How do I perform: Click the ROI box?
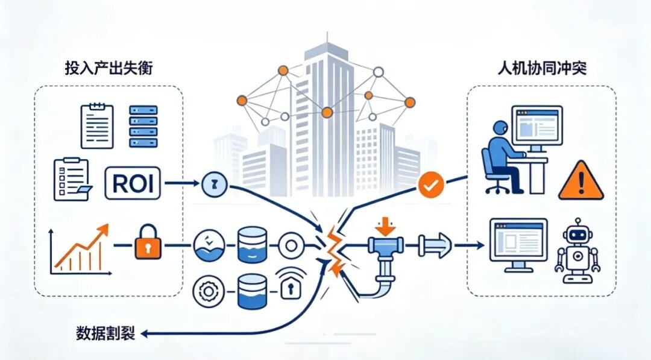[x=133, y=183]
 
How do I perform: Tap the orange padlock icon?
[x=148, y=242]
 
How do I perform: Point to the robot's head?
[x=577, y=235]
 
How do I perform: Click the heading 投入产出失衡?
[x=108, y=68]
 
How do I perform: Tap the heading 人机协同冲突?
[x=542, y=68]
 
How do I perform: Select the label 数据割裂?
[x=105, y=333]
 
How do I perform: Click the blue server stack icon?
[x=143, y=127]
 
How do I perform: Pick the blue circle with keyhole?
[x=215, y=185]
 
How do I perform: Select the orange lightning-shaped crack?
[x=333, y=251]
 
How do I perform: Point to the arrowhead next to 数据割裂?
[x=144, y=333]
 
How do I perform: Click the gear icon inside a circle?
[x=209, y=291]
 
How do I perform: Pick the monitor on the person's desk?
[x=537, y=128]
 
